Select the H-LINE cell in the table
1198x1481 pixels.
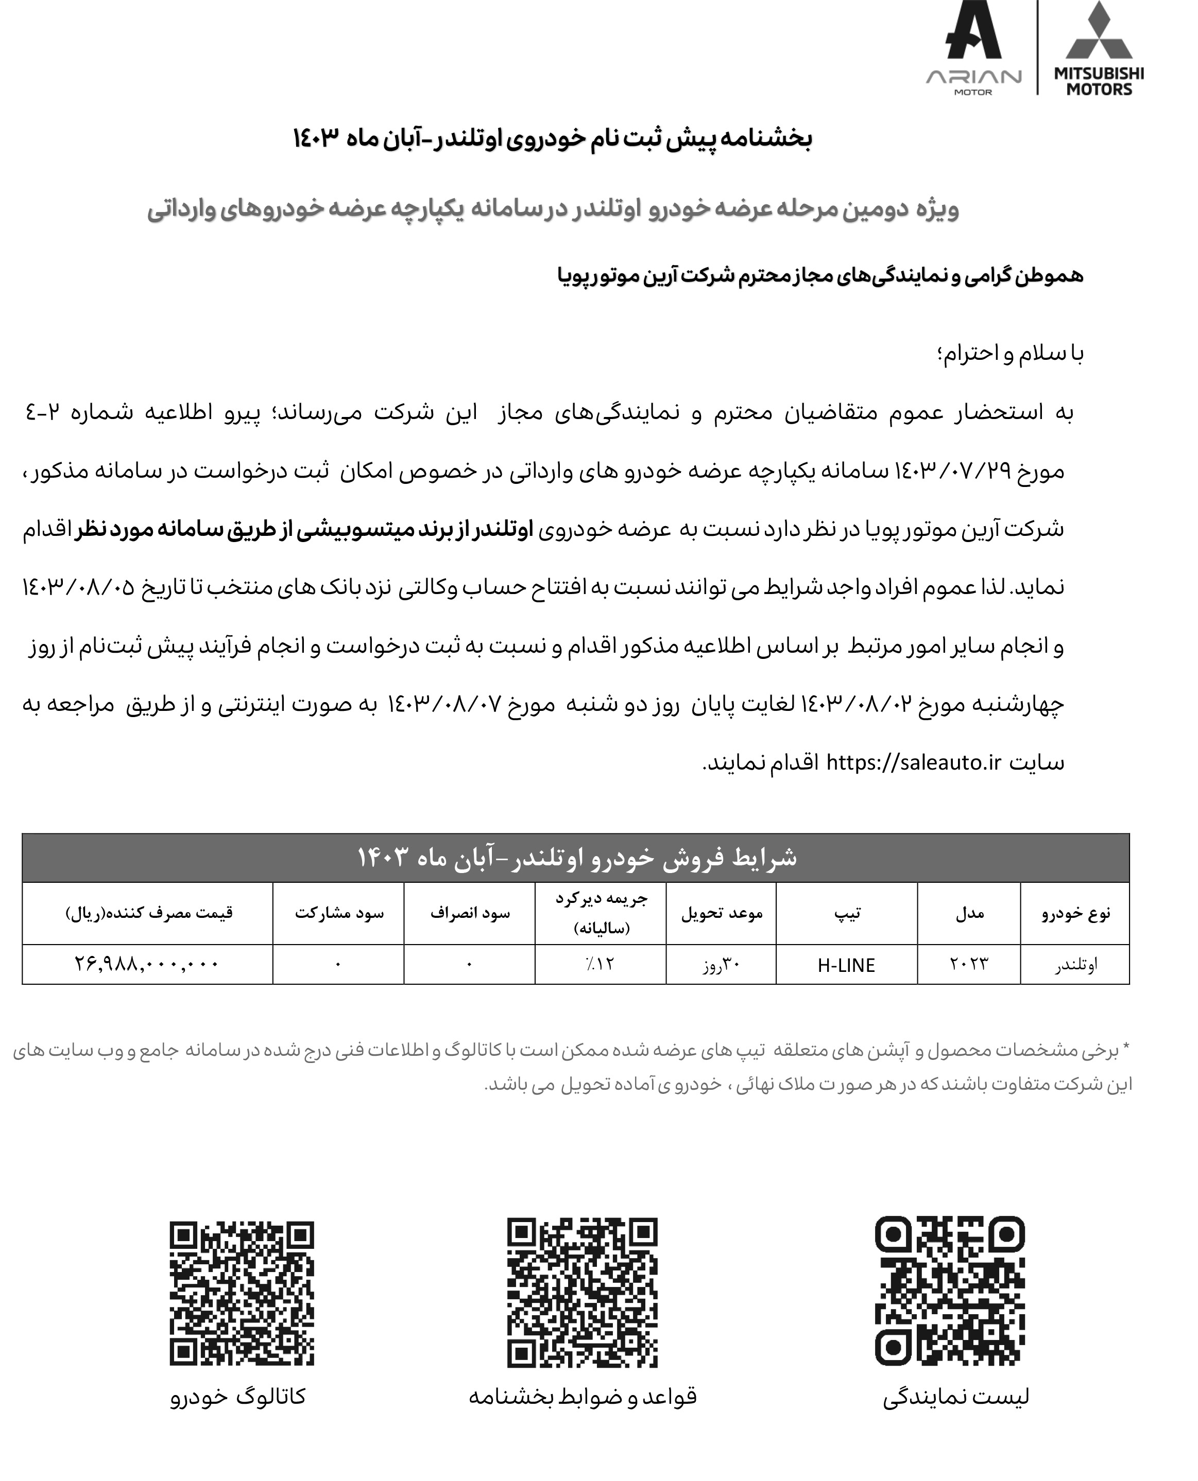[846, 965]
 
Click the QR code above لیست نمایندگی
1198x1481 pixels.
[950, 1291]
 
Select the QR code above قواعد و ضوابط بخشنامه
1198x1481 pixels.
[582, 1292]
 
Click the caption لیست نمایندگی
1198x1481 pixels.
[956, 1397]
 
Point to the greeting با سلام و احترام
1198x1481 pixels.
[1011, 353]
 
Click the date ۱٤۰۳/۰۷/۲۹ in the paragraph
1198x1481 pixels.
[952, 471]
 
